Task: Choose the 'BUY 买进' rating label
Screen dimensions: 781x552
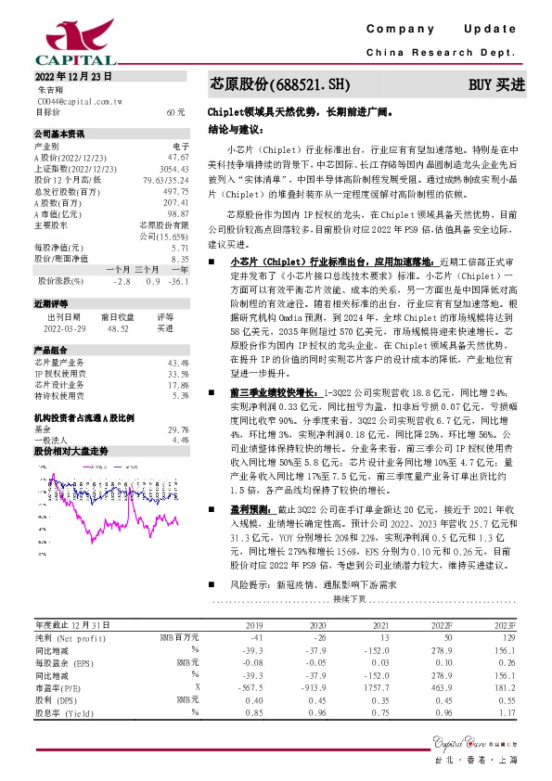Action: pyautogui.click(x=495, y=84)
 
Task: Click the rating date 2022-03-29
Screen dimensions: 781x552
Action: pyautogui.click(x=64, y=327)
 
